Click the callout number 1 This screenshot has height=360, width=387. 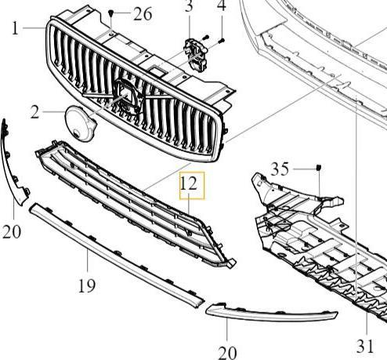(16, 28)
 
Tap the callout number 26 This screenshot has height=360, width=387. (143, 14)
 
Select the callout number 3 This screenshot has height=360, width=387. (189, 5)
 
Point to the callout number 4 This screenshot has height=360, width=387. (222, 5)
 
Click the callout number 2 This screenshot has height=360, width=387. (34, 112)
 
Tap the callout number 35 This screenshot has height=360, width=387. (280, 169)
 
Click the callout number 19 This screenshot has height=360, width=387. (87, 285)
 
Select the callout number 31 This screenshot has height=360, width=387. (365, 346)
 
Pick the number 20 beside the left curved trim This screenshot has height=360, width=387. (12, 231)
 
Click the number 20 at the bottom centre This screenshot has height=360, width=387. (227, 353)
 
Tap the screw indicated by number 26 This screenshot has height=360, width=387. (111, 13)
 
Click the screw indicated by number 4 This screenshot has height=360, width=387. (222, 41)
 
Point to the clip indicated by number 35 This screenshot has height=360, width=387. (319, 167)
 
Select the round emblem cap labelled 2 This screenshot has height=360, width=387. (81, 123)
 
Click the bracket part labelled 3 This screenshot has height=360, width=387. (196, 54)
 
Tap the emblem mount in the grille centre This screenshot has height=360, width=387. (127, 96)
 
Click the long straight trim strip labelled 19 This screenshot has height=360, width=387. (116, 255)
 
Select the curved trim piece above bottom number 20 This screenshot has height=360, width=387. (272, 314)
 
